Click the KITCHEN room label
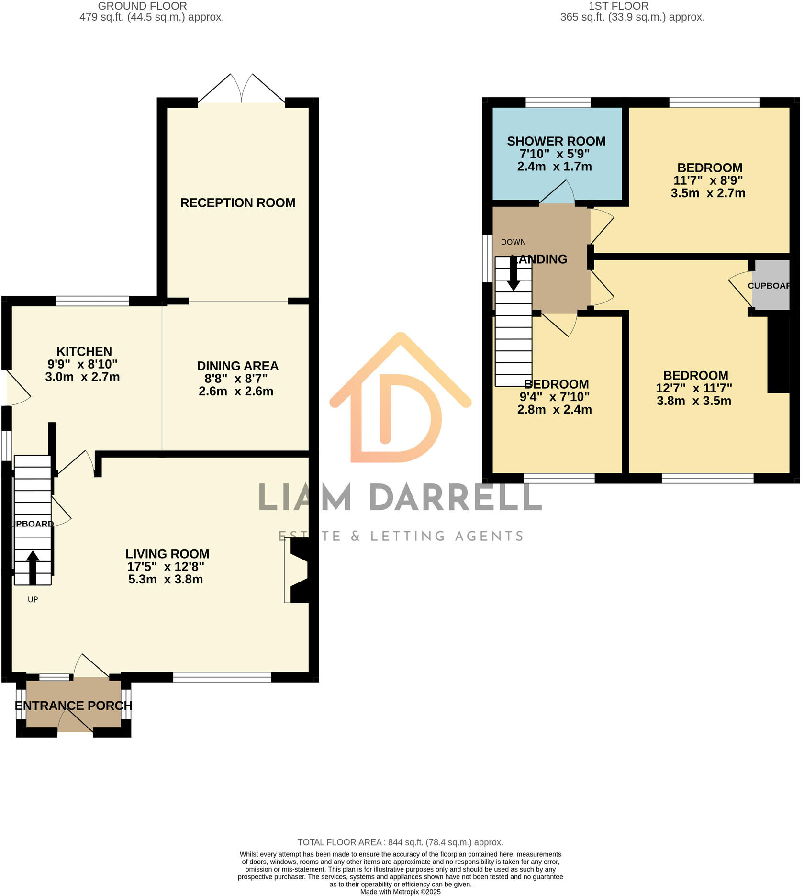tap(84, 351)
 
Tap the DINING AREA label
tap(237, 366)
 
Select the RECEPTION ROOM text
tap(237, 202)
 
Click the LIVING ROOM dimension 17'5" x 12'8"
tap(166, 566)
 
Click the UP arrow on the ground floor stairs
tap(33, 567)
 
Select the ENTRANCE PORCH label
tap(73, 706)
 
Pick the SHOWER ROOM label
tap(556, 141)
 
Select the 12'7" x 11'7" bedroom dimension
tap(694, 388)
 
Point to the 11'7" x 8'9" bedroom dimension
tap(708, 180)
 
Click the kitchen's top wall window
tap(92, 301)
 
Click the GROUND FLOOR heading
tap(142, 6)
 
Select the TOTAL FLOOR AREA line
tap(400, 842)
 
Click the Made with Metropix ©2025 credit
tap(400, 892)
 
